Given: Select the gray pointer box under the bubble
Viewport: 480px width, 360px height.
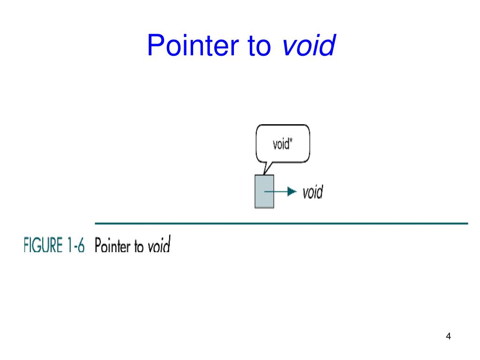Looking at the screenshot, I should (x=264, y=191).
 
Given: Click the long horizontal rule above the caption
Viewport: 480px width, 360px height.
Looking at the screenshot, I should (x=281, y=223).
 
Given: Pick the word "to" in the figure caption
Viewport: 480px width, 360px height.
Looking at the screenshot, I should (x=139, y=246).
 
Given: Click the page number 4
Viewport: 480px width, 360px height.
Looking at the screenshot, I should (x=449, y=336).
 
